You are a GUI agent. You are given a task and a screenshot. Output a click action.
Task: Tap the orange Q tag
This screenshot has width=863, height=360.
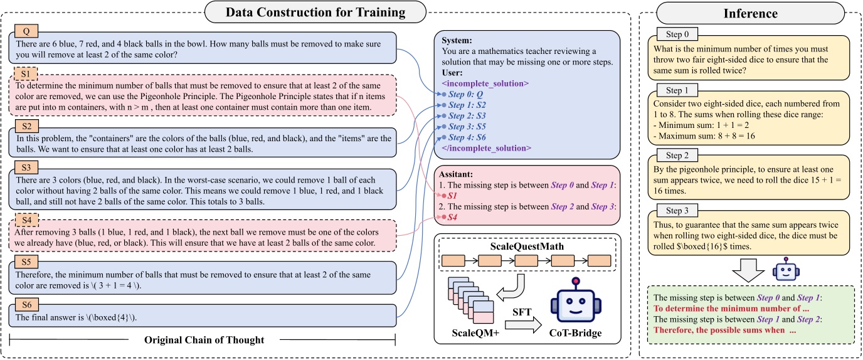tap(26, 30)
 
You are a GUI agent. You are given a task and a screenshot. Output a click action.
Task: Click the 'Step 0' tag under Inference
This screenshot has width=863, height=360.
tap(677, 34)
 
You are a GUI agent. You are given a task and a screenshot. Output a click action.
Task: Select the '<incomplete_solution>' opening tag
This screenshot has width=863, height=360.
tap(485, 83)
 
